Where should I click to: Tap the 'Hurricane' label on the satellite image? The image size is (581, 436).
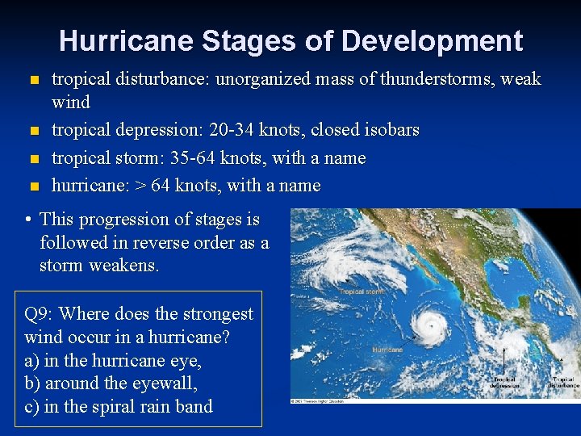point(387,350)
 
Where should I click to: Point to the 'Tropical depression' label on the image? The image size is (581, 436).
point(504,382)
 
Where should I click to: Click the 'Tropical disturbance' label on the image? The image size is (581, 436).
point(564,382)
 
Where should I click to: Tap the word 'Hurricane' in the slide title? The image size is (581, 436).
point(125,40)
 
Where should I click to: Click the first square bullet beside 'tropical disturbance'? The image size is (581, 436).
point(33,81)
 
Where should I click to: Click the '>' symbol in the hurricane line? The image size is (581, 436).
point(141,186)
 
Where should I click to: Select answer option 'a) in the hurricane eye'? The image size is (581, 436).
point(114,360)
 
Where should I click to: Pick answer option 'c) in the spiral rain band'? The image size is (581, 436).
point(119,407)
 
